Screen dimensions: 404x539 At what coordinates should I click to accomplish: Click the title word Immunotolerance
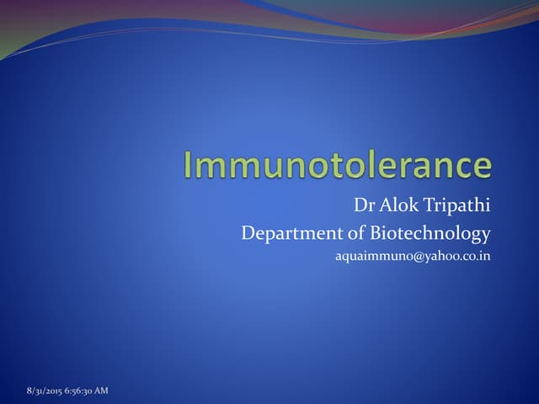click(338, 164)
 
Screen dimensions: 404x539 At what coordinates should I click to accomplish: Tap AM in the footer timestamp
click(100, 391)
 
